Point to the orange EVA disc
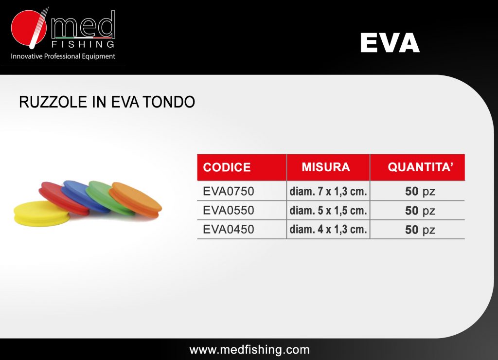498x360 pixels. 136,199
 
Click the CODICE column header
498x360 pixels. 227,167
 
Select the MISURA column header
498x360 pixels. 326,167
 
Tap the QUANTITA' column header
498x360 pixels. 421,167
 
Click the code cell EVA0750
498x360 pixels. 229,191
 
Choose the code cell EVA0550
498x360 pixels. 229,210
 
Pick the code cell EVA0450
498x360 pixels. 229,230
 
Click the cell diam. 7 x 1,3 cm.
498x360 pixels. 328,191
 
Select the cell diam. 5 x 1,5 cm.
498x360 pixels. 328,210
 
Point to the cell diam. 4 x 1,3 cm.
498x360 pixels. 328,230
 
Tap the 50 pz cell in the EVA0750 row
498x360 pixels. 420,192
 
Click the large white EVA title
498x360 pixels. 390,43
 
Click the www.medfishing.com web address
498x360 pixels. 249,349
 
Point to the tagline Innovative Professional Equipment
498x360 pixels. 63,56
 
